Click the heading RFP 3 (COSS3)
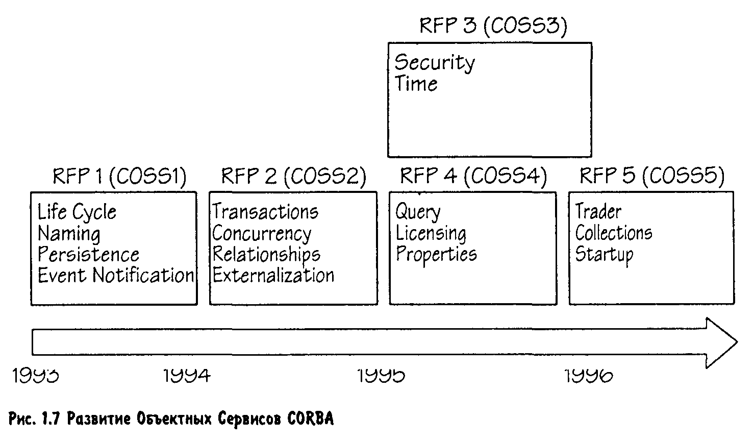tap(493, 26)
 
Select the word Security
tap(434, 62)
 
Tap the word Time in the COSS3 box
tap(416, 84)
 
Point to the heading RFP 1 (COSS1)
tap(119, 176)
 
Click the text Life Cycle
tap(77, 212)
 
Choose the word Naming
tap(69, 234)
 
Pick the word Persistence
tap(88, 254)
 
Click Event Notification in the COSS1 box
tap(116, 275)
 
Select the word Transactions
tap(265, 212)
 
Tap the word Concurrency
tap(261, 234)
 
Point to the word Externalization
tap(273, 275)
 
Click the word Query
tap(418, 212)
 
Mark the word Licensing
tap(431, 234)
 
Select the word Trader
tap(598, 211)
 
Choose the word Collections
tap(614, 233)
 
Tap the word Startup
tap(604, 254)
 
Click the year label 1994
tap(187, 376)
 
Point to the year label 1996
tap(589, 376)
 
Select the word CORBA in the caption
tap(310, 420)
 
